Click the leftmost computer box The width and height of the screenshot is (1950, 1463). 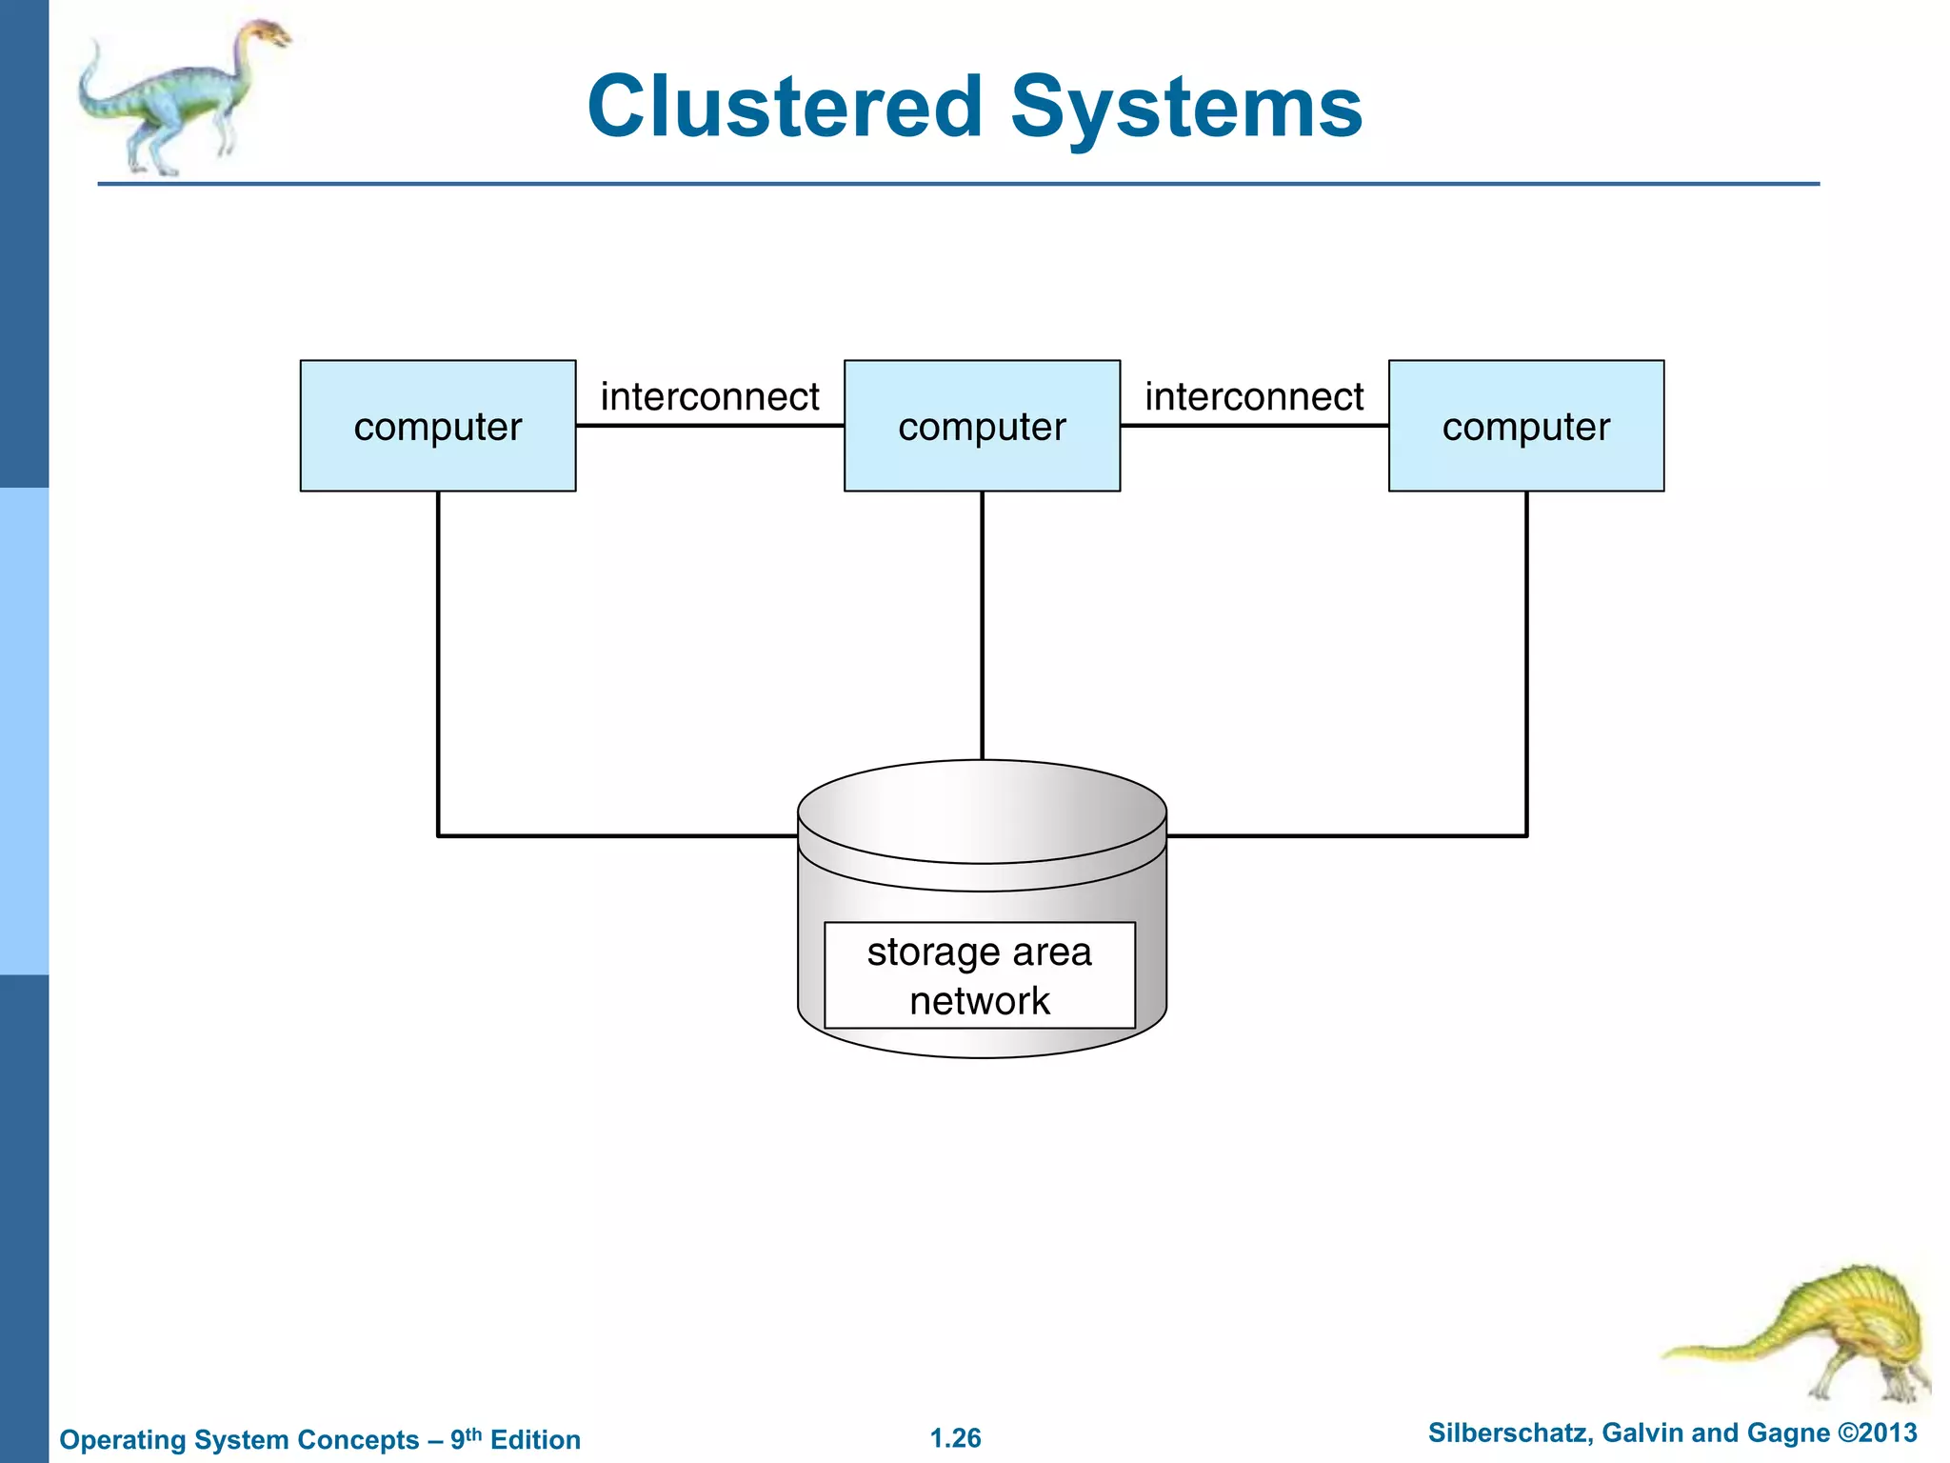pos(437,426)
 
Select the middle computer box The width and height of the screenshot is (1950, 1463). pos(982,426)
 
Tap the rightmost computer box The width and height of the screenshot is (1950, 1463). pos(1526,426)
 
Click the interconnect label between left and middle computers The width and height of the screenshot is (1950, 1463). pos(709,396)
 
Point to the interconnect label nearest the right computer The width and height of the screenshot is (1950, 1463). pos(1254,396)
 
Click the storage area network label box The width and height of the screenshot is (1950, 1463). pos(979,975)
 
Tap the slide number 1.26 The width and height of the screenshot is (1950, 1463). pos(955,1437)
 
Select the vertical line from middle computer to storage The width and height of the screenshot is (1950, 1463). pos(982,624)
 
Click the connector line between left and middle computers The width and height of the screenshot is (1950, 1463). pos(709,426)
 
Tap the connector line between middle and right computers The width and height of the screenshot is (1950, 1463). pos(1254,426)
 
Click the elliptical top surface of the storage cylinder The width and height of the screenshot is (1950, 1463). pos(982,810)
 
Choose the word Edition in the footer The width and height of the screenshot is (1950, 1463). pos(535,1439)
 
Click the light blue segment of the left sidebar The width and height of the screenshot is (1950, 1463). pos(24,731)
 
